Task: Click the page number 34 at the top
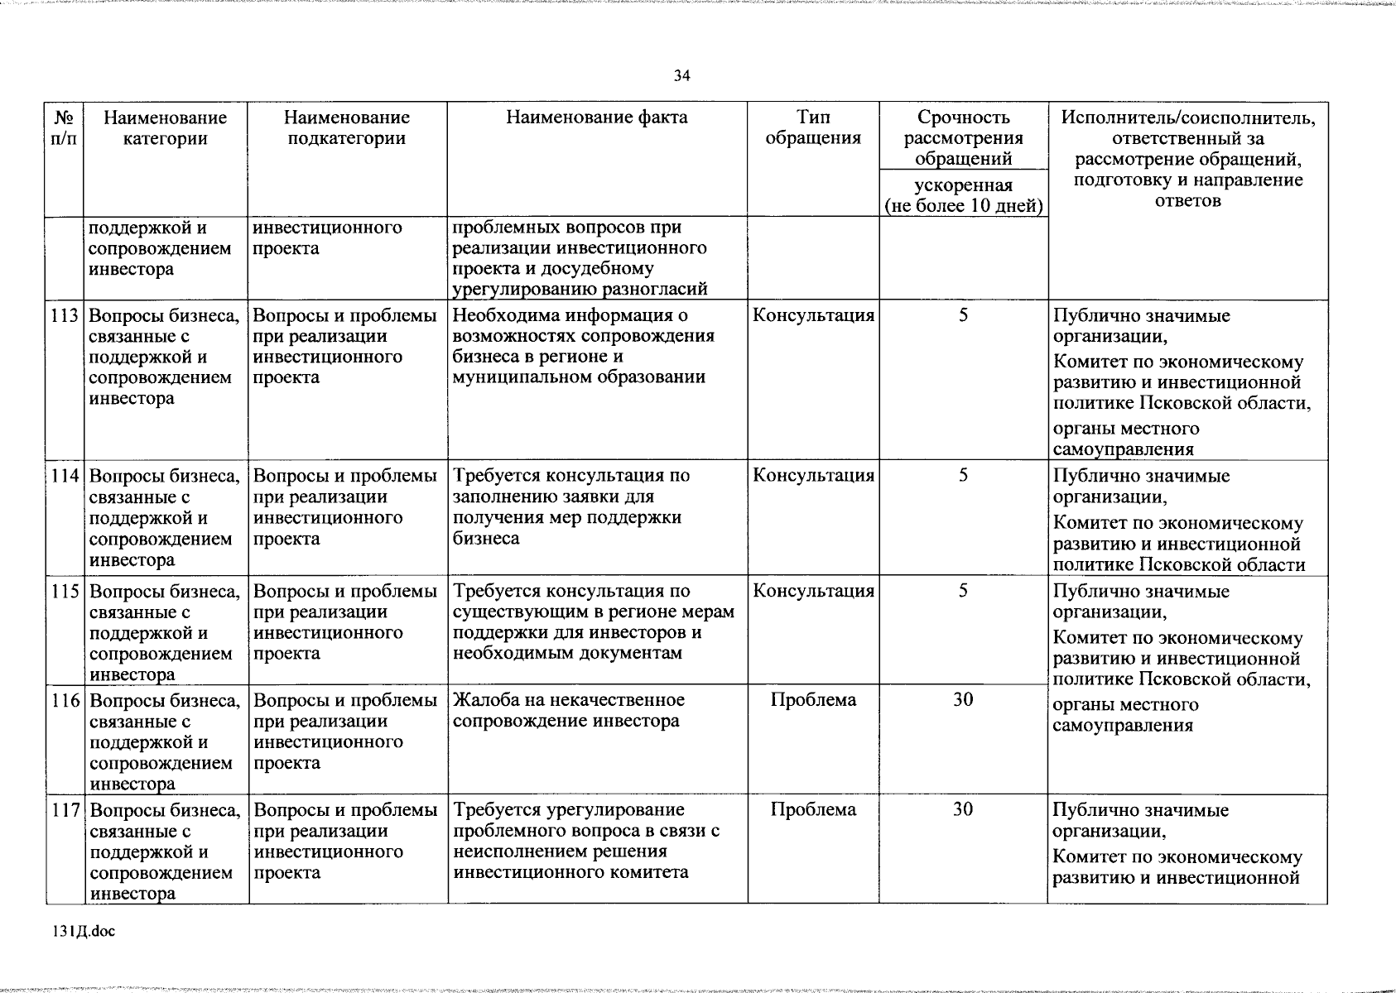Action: [681, 76]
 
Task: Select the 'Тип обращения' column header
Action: [813, 127]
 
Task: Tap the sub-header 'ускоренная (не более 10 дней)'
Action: [963, 195]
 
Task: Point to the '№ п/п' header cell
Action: [64, 127]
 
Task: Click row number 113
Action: [65, 315]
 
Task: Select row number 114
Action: [65, 476]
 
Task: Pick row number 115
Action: [65, 591]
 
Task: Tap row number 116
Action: [65, 700]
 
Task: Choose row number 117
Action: [65, 810]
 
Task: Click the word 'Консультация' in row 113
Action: [813, 315]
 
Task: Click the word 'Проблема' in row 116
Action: [813, 700]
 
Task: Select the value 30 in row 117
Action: [962, 809]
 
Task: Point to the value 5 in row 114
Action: [963, 475]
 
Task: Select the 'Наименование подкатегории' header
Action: [346, 127]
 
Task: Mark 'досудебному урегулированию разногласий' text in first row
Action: [580, 279]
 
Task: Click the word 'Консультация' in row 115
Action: [813, 591]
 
